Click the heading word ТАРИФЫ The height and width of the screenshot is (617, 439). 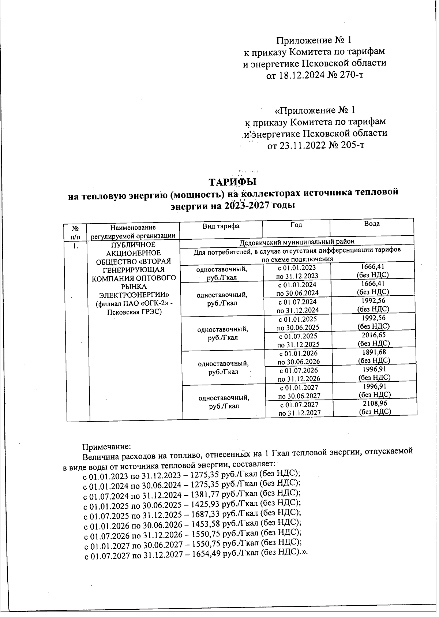tap(232, 182)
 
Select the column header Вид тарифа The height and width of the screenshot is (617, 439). tap(221, 226)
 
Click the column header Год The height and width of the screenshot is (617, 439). tap(296, 225)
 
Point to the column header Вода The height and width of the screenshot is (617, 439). tap(372, 224)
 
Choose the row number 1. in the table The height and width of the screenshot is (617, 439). tap(75, 246)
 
